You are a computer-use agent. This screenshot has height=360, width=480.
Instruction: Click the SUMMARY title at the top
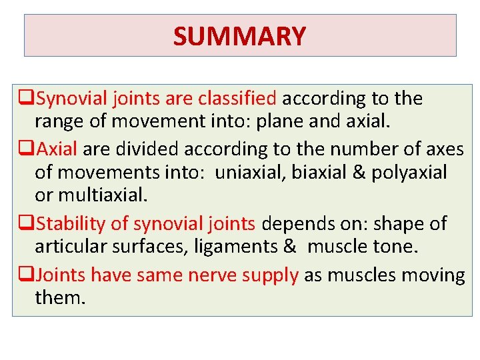pyautogui.click(x=239, y=36)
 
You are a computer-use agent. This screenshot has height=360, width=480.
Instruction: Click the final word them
pyautogui.click(x=60, y=297)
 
